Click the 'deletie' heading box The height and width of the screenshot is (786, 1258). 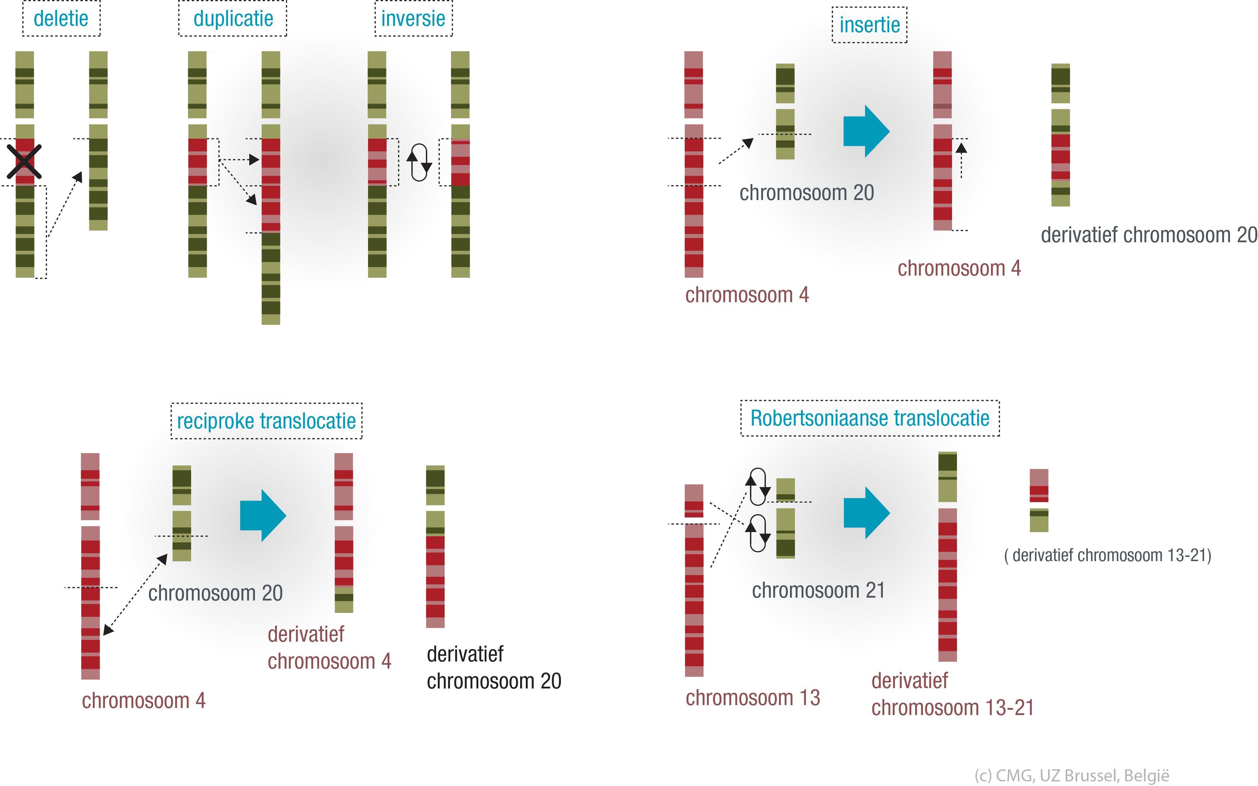pos(61,19)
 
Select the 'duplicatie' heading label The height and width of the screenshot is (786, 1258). pos(233,19)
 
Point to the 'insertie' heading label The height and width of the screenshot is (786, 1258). pos(869,25)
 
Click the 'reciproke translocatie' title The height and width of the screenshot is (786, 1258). pos(266,421)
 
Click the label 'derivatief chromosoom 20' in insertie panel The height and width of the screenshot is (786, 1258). pos(1148,235)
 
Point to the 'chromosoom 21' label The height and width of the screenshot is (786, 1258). pos(818,591)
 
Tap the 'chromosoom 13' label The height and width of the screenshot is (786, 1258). pos(752,698)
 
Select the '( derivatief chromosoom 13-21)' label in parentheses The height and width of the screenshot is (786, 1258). pos(1107,555)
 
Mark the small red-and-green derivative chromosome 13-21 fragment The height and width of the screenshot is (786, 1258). pos(1039,500)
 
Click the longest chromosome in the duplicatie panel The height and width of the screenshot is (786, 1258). pos(271,187)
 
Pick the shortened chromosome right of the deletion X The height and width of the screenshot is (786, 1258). pos(98,140)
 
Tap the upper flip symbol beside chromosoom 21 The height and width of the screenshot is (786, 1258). pos(758,486)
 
